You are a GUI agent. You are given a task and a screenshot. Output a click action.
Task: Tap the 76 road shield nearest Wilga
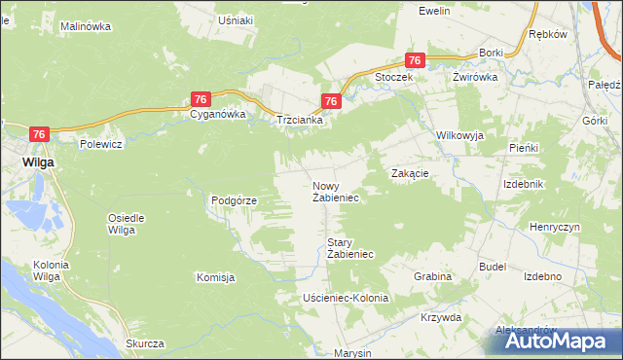click(40, 134)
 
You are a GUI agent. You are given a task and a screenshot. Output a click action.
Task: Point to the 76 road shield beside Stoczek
click(416, 60)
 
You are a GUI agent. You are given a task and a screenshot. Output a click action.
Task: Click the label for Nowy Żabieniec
click(336, 192)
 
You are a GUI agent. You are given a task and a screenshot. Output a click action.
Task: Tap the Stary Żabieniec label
click(350, 248)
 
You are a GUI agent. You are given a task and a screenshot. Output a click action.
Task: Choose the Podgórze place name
click(234, 200)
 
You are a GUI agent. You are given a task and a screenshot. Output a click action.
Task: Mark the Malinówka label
click(86, 27)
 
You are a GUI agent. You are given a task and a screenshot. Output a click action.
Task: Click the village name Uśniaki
click(237, 20)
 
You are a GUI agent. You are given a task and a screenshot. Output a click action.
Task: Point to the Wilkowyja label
click(460, 135)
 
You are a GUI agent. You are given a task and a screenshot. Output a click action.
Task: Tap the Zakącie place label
click(410, 172)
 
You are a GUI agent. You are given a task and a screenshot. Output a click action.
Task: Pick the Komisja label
click(216, 277)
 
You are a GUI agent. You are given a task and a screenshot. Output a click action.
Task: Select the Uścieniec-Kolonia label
click(346, 298)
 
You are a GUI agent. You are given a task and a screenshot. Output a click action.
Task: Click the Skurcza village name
click(144, 344)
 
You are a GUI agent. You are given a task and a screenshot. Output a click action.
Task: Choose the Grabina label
click(432, 276)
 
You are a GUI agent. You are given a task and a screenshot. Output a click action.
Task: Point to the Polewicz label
click(100, 144)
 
